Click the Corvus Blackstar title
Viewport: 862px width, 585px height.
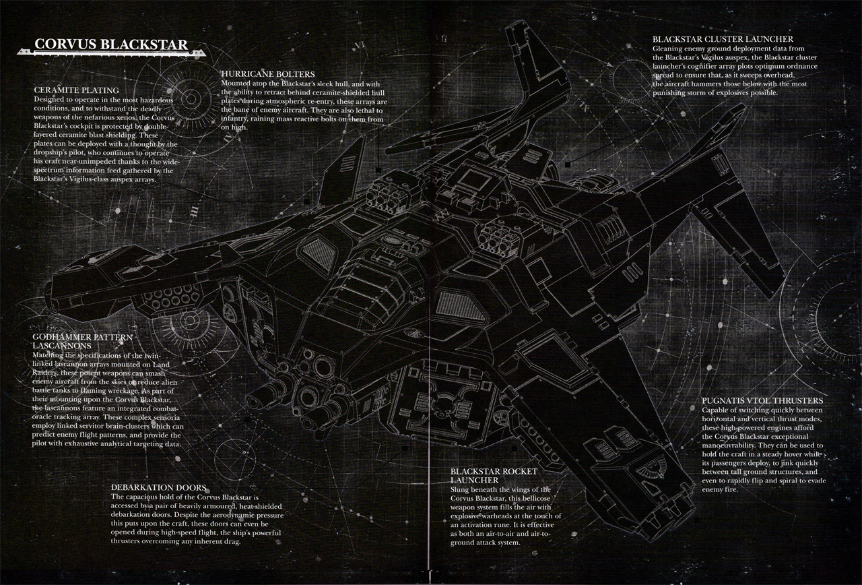point(112,45)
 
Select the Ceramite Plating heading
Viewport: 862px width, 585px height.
point(76,90)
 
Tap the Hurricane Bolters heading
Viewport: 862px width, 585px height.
point(267,73)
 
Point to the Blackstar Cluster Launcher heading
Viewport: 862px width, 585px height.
point(723,40)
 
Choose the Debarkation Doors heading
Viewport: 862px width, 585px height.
point(158,487)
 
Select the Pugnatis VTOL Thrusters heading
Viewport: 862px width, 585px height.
point(762,400)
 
